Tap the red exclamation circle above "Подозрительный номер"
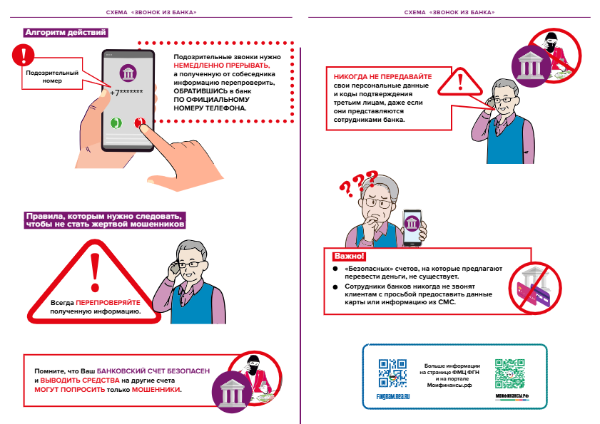coord(27,56)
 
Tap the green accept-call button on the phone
coord(114,123)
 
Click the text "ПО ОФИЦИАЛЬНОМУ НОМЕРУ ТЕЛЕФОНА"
coord(210,105)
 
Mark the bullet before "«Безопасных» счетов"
coord(335,269)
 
